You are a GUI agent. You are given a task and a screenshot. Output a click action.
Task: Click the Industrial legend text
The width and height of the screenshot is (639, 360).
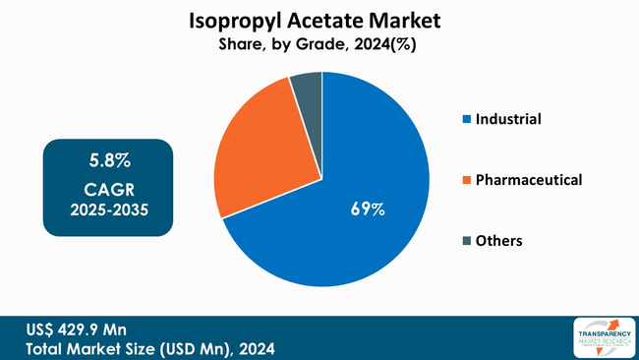click(x=508, y=119)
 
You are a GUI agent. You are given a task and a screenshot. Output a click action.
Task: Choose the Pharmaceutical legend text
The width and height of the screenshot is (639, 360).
click(x=529, y=180)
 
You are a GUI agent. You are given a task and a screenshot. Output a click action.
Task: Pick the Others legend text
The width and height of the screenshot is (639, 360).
click(x=498, y=241)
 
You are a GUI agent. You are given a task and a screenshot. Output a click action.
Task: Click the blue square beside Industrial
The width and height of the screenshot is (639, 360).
click(x=466, y=120)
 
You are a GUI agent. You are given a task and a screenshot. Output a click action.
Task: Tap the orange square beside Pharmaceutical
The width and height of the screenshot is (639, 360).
click(x=466, y=180)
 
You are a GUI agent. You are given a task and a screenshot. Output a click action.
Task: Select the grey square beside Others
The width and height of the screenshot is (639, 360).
click(x=466, y=241)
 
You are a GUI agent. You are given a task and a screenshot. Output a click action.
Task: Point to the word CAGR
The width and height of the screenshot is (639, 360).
click(x=109, y=187)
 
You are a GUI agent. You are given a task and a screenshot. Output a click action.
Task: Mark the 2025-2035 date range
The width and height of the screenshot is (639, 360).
click(x=109, y=210)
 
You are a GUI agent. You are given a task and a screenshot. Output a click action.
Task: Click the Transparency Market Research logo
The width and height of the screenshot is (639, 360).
click(x=601, y=337)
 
